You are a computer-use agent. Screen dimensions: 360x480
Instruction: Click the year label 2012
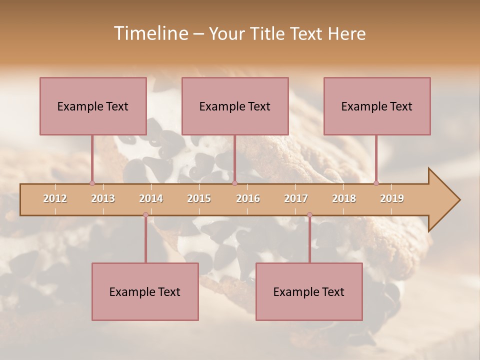click(x=55, y=198)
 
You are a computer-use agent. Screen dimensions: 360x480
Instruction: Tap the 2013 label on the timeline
click(x=103, y=198)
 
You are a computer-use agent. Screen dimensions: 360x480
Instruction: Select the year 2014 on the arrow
click(x=151, y=198)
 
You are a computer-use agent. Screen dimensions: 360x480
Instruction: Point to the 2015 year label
click(x=199, y=198)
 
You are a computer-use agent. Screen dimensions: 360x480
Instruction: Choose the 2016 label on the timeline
click(x=248, y=198)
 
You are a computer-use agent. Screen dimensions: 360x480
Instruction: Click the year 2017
click(x=296, y=198)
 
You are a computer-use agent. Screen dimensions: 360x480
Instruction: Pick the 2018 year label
click(x=344, y=198)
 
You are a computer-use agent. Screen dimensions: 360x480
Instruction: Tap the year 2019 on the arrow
click(x=392, y=198)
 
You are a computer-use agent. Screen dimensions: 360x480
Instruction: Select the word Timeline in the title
click(x=150, y=33)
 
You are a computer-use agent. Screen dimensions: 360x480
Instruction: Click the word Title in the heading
click(x=268, y=33)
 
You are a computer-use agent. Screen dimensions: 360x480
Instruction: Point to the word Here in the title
click(x=346, y=33)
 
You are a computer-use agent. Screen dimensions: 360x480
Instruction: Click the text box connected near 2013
click(x=93, y=106)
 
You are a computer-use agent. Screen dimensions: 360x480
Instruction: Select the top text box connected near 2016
click(x=235, y=106)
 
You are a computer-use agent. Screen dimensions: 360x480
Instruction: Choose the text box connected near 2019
click(x=377, y=106)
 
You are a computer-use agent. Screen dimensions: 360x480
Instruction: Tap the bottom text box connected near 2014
click(x=145, y=291)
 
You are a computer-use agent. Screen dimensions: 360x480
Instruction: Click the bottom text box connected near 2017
click(x=309, y=291)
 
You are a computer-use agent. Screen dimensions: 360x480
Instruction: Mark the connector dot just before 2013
click(x=92, y=183)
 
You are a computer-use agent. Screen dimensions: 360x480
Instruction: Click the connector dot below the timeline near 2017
click(x=309, y=215)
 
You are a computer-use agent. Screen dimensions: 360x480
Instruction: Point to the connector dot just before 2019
click(x=376, y=183)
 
